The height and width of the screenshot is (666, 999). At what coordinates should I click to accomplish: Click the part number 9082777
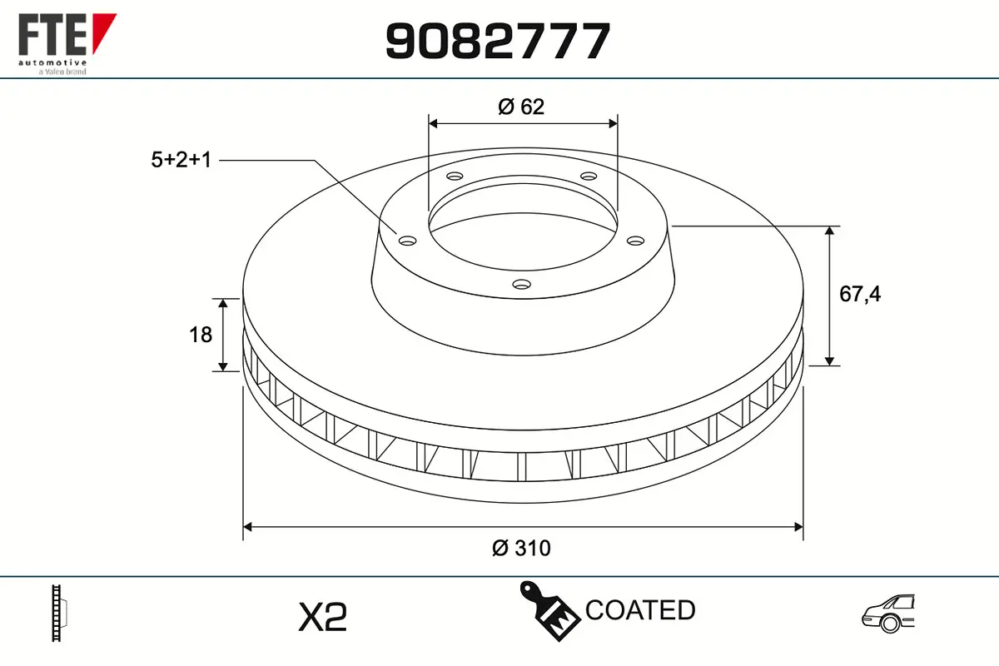coord(498,41)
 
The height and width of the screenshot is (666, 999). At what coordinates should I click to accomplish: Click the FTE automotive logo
coord(67,44)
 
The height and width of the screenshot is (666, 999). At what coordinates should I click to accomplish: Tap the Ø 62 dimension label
coord(521,107)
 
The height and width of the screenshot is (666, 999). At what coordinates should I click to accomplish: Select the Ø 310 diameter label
coord(521,548)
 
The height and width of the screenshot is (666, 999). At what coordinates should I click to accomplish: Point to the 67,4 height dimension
coord(860,295)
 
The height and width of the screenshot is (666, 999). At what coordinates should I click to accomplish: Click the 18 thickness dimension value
coord(201,335)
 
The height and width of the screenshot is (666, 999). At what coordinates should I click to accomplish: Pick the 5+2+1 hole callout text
coord(181,159)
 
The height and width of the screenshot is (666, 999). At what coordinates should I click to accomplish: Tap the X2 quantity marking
coord(322,617)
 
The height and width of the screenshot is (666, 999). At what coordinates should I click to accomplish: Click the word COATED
coord(640,609)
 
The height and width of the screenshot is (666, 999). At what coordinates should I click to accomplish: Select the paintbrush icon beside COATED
coord(549,611)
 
